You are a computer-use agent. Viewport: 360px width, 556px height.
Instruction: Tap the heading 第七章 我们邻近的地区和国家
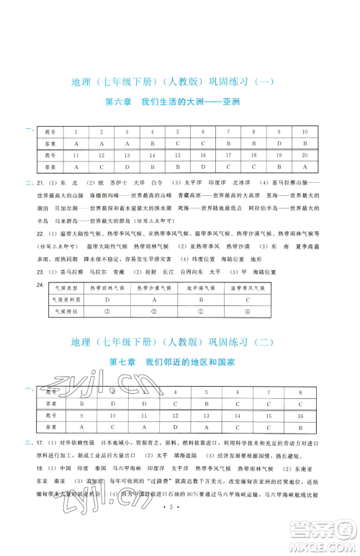pyautogui.click(x=180, y=362)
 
